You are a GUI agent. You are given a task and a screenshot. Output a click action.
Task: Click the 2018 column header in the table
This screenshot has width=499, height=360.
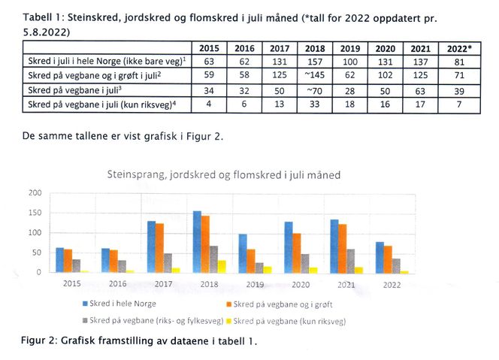pos(315,47)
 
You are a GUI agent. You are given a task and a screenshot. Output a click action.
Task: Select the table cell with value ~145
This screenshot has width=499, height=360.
pos(315,75)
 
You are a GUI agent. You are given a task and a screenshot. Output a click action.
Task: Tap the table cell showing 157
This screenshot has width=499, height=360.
pos(315,61)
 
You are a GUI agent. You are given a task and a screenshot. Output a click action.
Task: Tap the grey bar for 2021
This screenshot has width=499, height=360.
pos(349,261)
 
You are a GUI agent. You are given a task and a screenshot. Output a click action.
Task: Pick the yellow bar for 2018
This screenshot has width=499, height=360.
pos(222,266)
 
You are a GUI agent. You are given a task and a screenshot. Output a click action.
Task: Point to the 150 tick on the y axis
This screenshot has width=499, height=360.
pos(34,213)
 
